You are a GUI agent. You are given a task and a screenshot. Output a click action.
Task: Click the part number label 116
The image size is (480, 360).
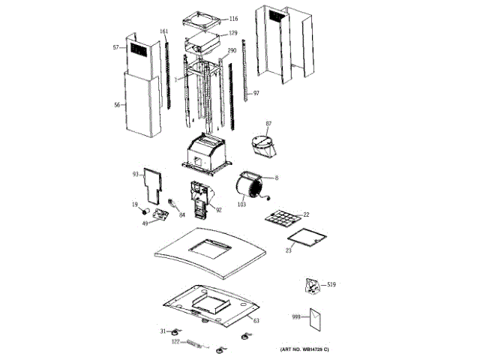(233, 19)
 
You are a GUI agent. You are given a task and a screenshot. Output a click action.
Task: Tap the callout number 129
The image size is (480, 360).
(233, 33)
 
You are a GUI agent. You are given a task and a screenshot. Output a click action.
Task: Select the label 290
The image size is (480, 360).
(232, 51)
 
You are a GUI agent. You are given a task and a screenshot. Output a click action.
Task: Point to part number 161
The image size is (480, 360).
(164, 31)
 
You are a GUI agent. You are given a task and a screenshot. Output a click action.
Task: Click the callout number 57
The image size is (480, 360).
(116, 48)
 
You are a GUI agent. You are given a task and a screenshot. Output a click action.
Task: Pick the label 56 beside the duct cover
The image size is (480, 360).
(117, 105)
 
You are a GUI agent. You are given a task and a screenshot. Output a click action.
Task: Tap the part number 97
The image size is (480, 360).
(256, 93)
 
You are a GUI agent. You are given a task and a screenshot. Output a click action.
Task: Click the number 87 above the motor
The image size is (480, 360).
(268, 124)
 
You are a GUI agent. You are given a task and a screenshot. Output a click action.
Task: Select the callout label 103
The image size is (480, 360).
(241, 204)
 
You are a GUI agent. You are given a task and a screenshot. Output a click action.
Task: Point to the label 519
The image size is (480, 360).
(332, 284)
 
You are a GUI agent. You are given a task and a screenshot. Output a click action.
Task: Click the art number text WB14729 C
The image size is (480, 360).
(320, 351)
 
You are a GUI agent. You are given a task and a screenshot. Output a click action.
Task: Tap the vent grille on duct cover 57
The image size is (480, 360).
(139, 50)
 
